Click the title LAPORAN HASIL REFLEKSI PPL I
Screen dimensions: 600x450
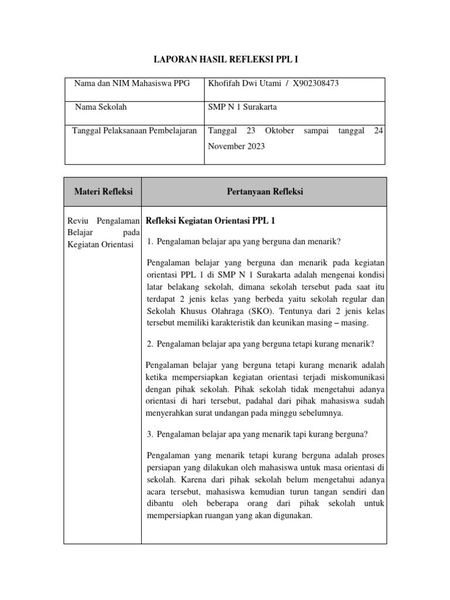pos(226,59)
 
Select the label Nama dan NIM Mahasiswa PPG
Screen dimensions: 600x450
pos(132,83)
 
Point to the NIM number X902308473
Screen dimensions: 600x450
pos(316,83)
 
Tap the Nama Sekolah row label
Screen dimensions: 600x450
pos(101,107)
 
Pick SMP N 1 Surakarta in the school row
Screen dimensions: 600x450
pos(243,107)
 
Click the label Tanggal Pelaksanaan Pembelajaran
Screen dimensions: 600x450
pos(134,131)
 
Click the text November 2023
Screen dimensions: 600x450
pos(236,146)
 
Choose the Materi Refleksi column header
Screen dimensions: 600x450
pos(103,192)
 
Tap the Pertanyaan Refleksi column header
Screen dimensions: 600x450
pos(264,192)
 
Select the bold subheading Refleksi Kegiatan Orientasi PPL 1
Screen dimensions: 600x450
pos(210,221)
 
